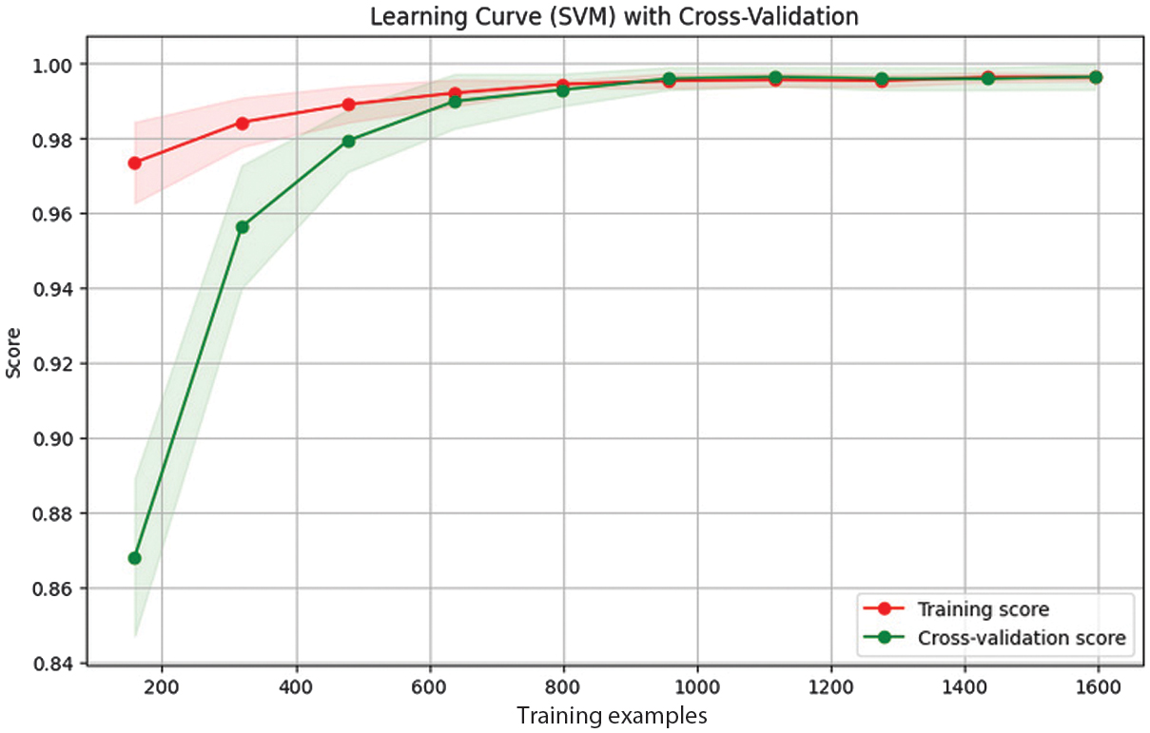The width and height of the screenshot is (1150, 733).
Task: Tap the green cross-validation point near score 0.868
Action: [135, 558]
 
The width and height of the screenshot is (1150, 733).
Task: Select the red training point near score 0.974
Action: [135, 163]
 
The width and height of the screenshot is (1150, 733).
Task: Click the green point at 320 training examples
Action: [242, 227]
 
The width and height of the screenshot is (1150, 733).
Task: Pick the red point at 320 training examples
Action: [242, 123]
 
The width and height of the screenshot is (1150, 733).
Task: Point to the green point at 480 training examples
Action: [349, 141]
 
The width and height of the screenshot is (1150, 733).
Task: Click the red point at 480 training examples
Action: [349, 104]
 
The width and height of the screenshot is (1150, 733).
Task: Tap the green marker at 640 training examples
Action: [456, 101]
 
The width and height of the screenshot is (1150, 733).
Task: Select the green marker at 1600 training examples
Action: [1096, 77]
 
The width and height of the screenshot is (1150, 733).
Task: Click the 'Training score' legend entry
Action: [982, 608]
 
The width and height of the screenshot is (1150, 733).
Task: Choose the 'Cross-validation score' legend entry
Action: [1021, 638]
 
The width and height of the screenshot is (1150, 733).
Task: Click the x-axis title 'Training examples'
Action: [612, 715]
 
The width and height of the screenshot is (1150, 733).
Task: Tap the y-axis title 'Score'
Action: [14, 362]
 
